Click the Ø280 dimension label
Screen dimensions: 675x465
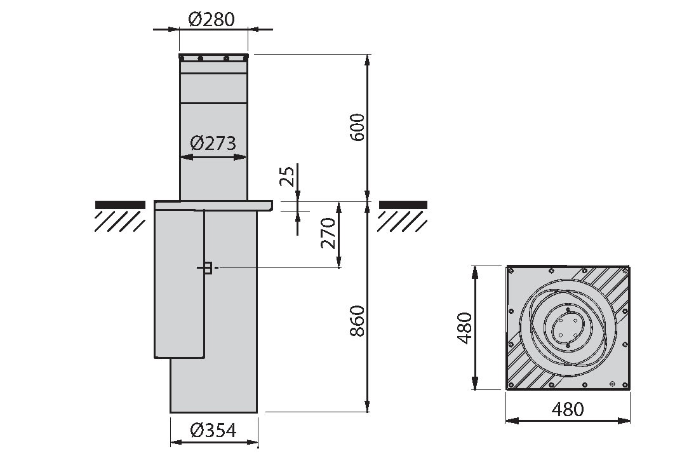[x=211, y=19]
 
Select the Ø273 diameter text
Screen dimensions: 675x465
[x=213, y=143]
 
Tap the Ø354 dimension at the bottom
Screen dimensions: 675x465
[x=213, y=430]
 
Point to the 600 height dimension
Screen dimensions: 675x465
[x=358, y=128]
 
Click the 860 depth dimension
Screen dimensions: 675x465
[x=358, y=321]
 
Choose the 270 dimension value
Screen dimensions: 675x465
[x=328, y=233]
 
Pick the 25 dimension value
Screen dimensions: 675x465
[x=287, y=176]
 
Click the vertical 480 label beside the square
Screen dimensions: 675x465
[x=464, y=328]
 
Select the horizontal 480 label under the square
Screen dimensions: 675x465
[x=568, y=410]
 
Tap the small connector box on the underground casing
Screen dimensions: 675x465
[x=208, y=268]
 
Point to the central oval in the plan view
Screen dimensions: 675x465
[x=568, y=328]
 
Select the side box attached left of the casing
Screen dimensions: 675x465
[x=179, y=284]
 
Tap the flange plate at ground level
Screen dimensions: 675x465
[x=213, y=206]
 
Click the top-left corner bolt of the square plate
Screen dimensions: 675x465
[x=511, y=271]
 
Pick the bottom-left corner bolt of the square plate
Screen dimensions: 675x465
[x=511, y=385]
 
